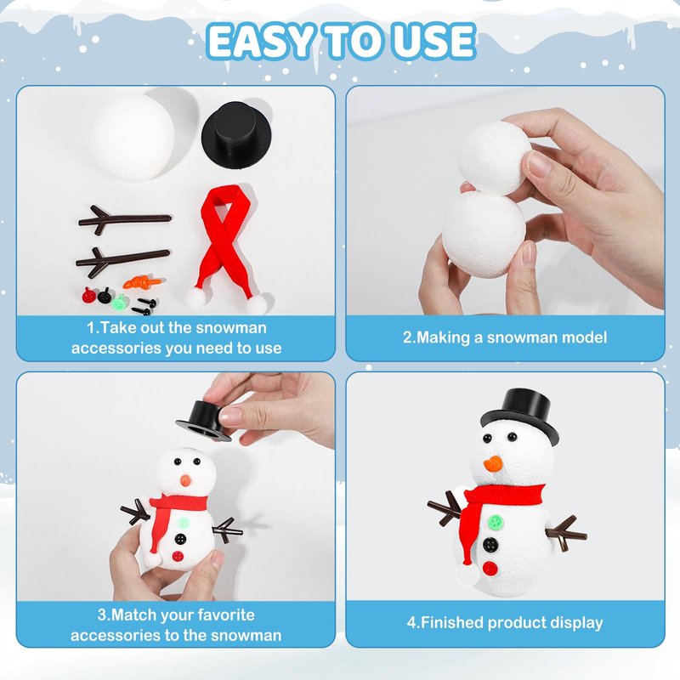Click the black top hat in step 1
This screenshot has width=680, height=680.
[x=236, y=133]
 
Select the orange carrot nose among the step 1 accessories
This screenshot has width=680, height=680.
[x=142, y=282]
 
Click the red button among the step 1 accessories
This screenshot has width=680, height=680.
[x=88, y=295]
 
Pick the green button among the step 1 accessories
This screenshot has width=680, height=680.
[x=118, y=303]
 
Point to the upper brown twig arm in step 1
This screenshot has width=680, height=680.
[x=125, y=220]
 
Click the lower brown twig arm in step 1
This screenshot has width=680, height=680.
[x=122, y=261]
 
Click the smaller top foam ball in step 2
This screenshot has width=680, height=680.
[x=495, y=158]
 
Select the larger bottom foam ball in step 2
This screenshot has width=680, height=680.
[x=484, y=235]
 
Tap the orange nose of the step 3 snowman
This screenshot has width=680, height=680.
[x=185, y=480]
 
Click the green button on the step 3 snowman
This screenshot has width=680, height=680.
[x=183, y=522]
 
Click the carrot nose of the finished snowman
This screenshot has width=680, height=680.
[x=494, y=463]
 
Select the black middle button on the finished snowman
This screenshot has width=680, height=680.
[x=490, y=545]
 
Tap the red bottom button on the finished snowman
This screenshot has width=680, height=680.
[x=490, y=569]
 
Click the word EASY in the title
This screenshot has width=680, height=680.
[x=261, y=42]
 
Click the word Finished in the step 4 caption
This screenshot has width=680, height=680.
[x=452, y=622]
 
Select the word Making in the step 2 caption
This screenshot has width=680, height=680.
[x=443, y=337]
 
